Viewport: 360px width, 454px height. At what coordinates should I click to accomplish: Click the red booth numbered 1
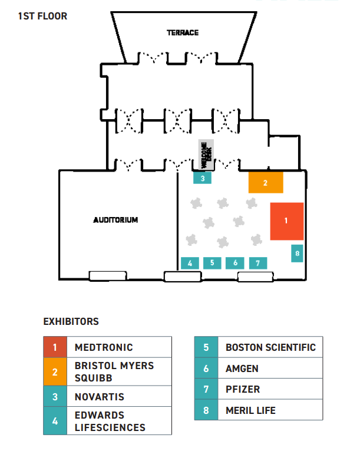286,221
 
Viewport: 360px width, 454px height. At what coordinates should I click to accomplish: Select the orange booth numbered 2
266,183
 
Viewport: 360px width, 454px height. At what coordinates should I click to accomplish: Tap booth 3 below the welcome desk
202,177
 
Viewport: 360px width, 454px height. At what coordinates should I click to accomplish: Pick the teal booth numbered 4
190,263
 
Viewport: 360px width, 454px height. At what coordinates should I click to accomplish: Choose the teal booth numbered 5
212,263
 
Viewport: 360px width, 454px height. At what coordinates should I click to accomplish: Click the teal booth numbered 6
235,263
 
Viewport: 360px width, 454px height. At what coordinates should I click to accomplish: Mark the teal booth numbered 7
257,263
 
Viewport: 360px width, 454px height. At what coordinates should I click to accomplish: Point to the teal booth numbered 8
298,254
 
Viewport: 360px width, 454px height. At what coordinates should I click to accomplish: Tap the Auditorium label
115,220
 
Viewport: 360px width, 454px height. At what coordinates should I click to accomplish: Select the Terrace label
183,32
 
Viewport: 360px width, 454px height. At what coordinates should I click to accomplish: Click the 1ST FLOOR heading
43,16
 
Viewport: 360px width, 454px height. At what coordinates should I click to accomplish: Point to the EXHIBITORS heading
71,322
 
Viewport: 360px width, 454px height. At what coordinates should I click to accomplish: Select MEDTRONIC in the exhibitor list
104,347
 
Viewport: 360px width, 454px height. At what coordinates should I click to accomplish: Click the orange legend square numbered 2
55,372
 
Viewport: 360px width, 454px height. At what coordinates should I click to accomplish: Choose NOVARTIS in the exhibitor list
100,397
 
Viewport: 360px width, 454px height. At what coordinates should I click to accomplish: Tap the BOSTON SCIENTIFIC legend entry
270,347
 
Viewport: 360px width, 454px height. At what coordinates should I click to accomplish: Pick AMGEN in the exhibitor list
242,369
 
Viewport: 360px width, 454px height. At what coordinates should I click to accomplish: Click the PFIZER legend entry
243,389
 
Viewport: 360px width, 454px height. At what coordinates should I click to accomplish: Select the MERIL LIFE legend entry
250,410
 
